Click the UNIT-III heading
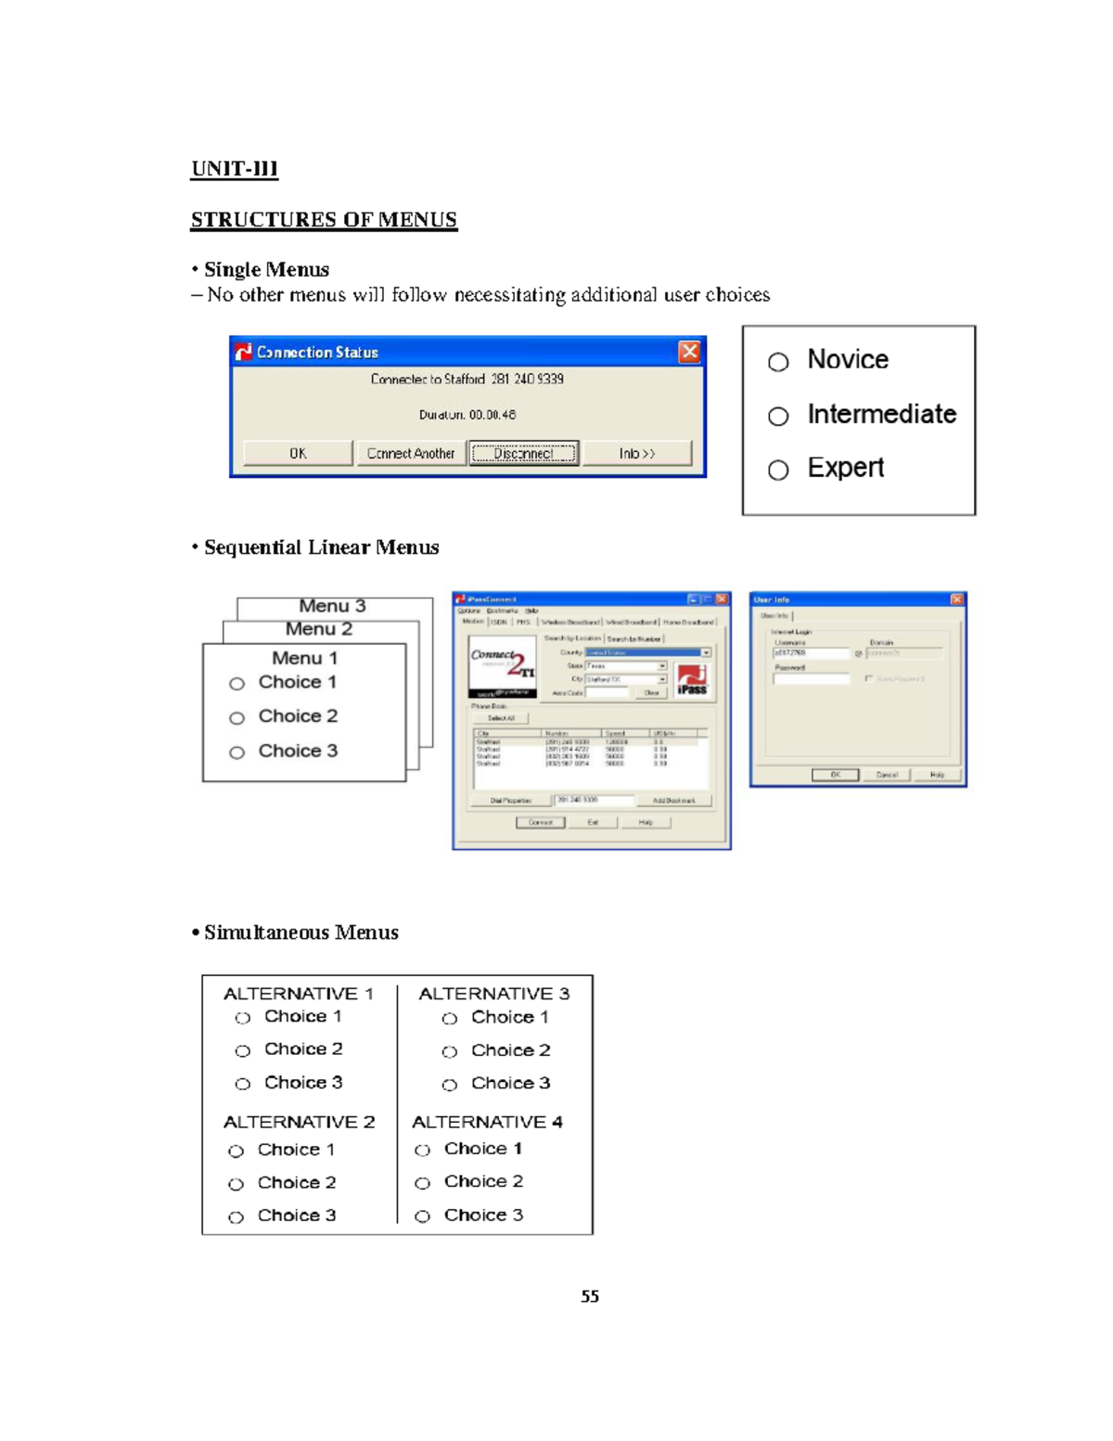point(234,169)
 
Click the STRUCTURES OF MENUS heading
point(324,220)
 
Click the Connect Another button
point(411,453)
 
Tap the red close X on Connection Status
point(689,352)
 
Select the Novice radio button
point(778,362)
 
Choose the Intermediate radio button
point(778,417)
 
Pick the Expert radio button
point(778,470)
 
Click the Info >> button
point(636,453)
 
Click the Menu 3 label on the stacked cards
point(332,606)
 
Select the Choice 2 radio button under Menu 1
point(237,718)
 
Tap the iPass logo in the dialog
point(692,679)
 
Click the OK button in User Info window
point(835,775)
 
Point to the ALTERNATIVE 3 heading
point(493,994)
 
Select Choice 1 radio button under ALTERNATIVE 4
point(423,1151)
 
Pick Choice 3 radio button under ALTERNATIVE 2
point(237,1217)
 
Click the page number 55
point(590,1296)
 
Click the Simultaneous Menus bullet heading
point(301,933)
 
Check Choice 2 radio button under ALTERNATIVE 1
point(243,1051)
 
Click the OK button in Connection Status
point(298,453)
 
